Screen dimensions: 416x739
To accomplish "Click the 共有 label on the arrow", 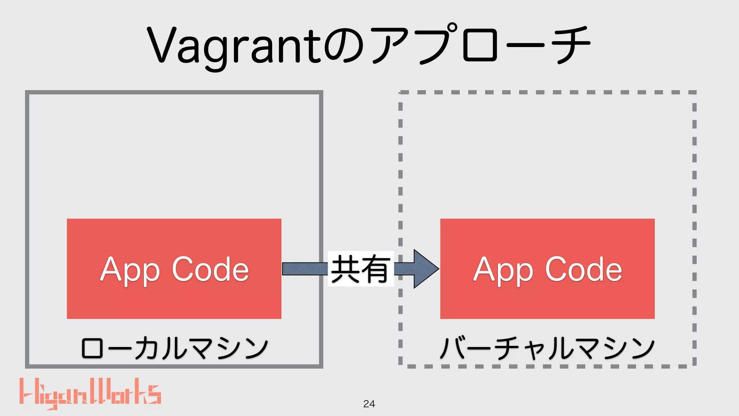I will click(x=360, y=269).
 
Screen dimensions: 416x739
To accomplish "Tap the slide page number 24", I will click(x=369, y=404).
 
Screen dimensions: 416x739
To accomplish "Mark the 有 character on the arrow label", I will click(x=376, y=269).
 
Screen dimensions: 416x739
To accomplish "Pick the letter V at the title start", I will click(x=161, y=45).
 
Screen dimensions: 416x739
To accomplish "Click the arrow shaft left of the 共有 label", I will click(x=305, y=269).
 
